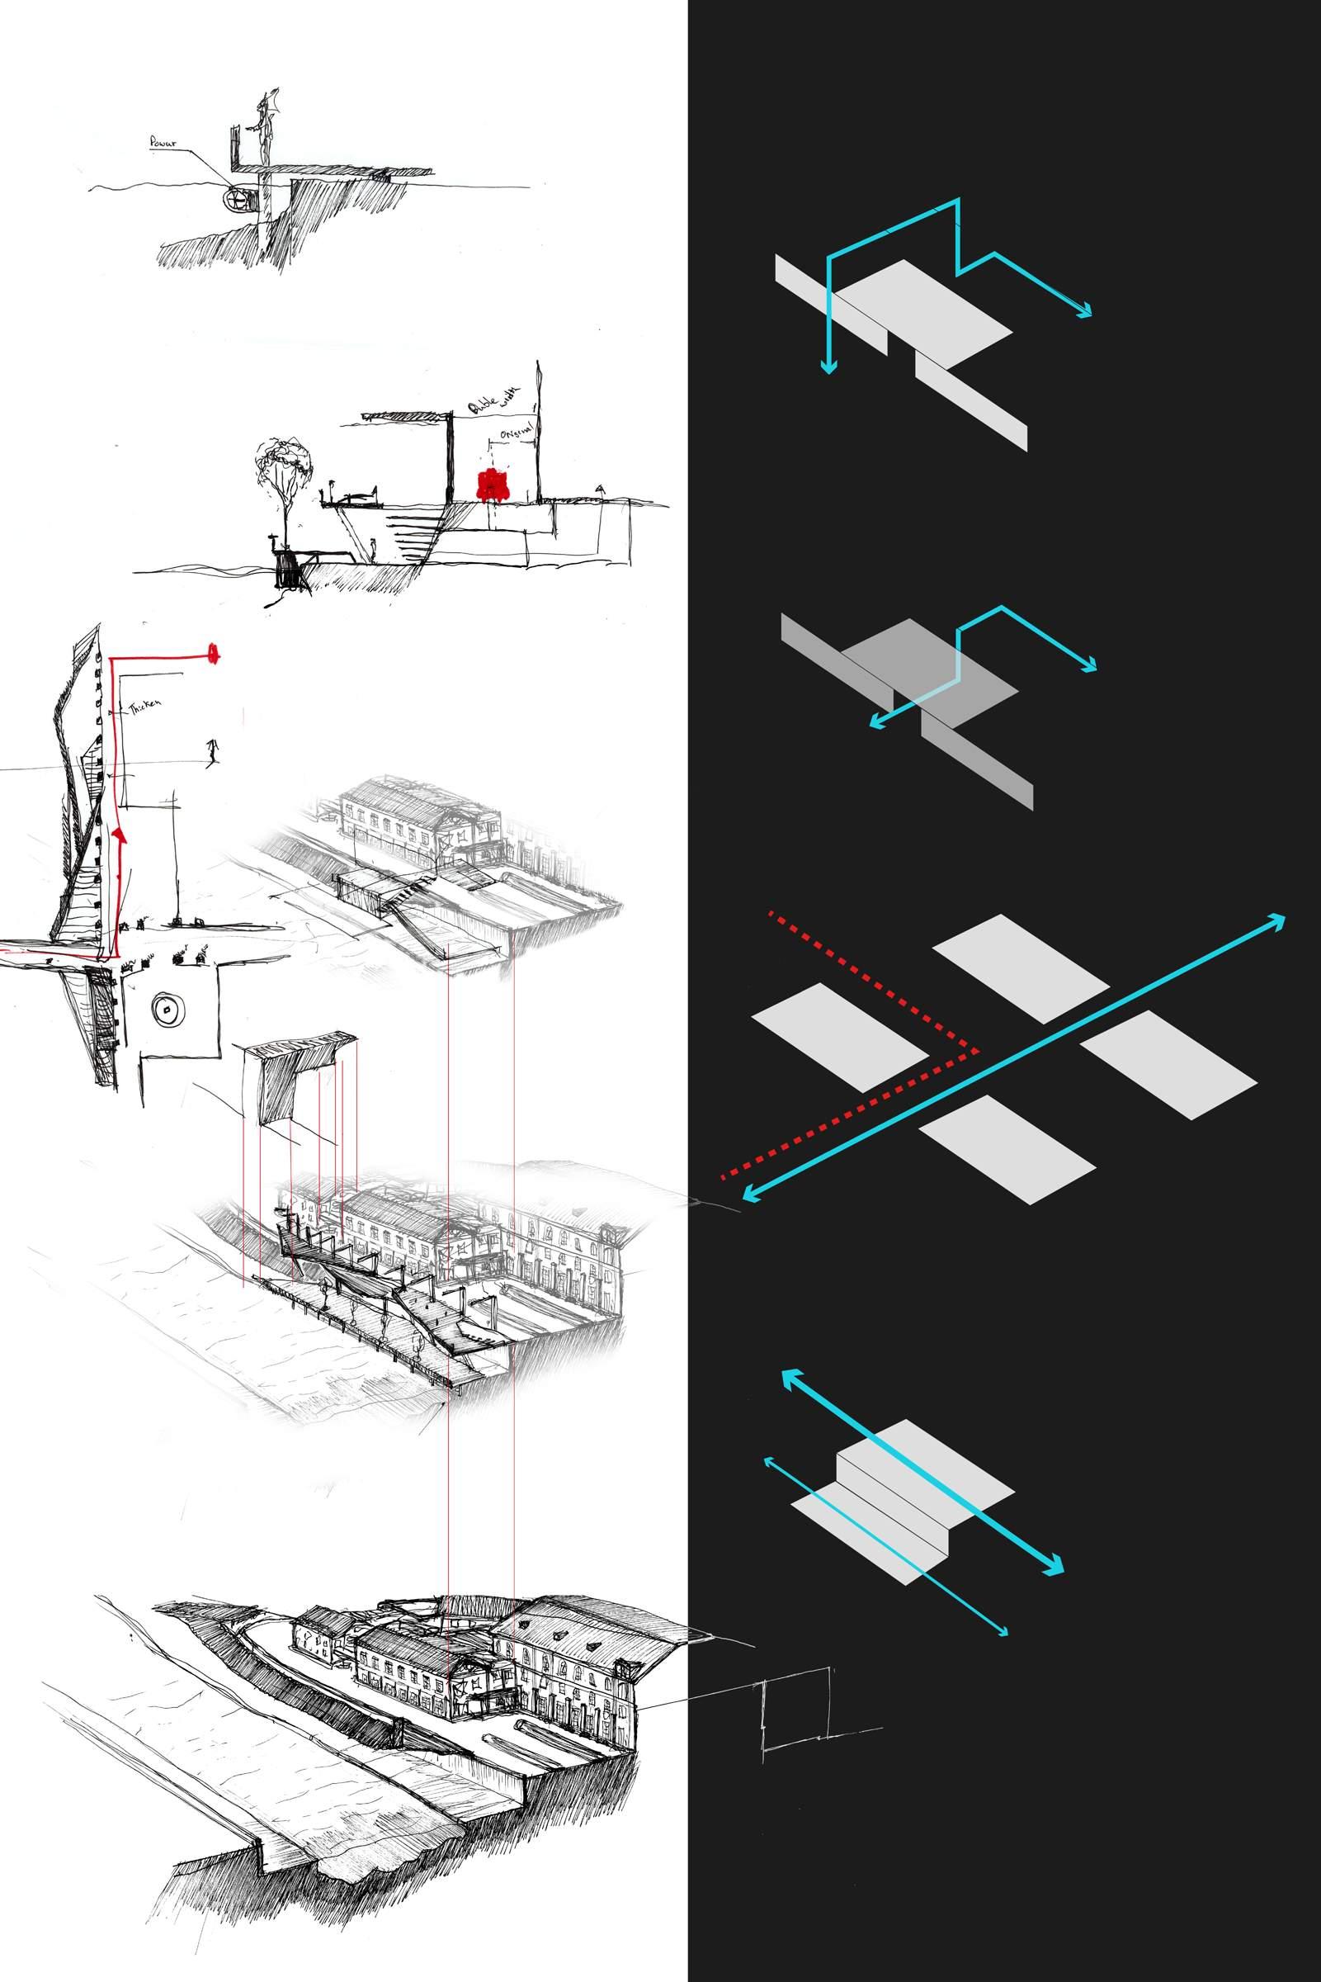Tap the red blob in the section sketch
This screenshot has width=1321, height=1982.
point(492,486)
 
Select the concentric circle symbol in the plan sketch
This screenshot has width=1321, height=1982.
point(167,1010)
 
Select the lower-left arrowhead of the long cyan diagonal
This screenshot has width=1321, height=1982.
point(748,1196)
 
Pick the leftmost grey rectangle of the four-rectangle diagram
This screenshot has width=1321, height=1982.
point(840,1037)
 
